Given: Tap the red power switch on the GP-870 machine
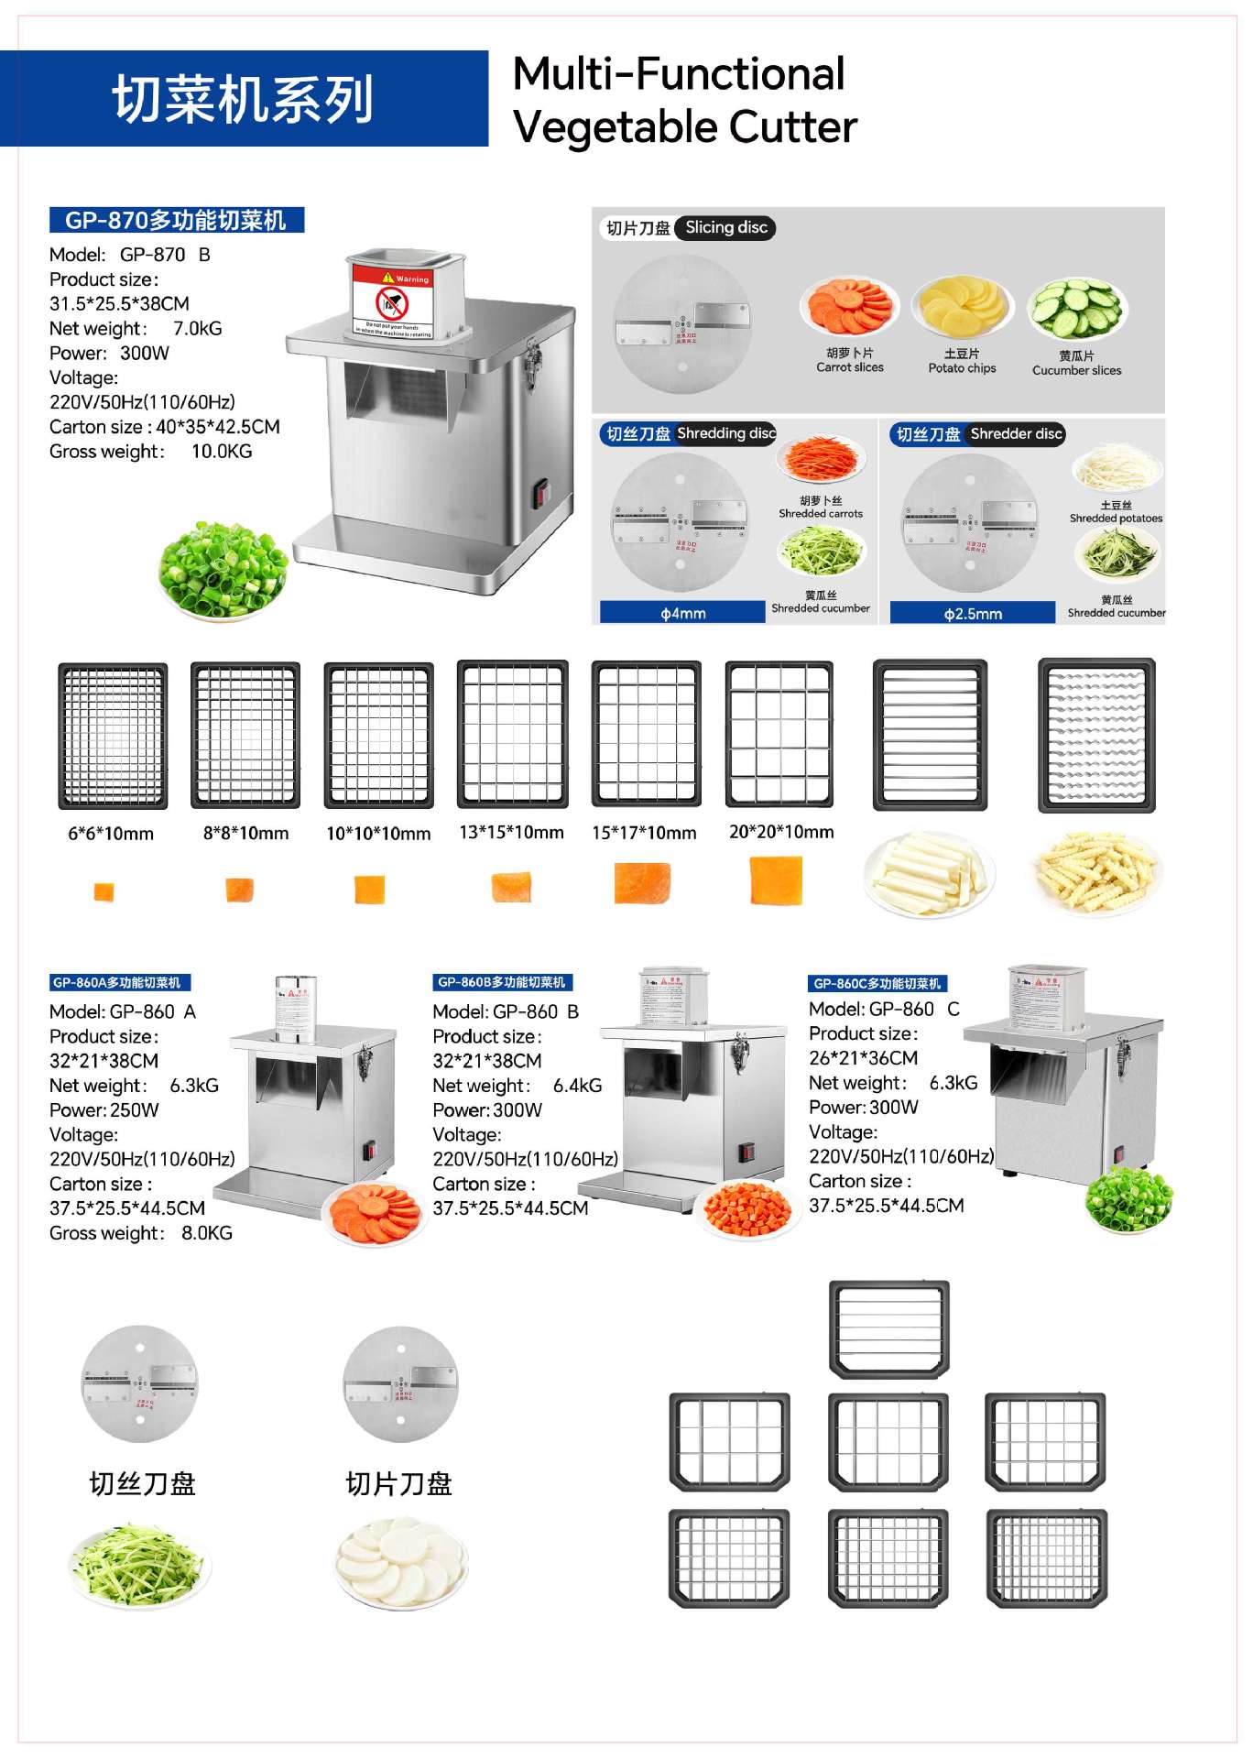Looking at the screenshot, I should [x=540, y=492].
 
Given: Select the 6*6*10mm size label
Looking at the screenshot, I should [x=111, y=834].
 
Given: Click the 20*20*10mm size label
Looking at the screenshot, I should [x=781, y=832].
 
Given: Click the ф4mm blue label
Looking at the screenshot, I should [x=682, y=613].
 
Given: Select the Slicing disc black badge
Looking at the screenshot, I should [x=725, y=228].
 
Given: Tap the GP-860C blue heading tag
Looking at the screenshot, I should [x=877, y=983].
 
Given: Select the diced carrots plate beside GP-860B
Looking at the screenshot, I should [x=747, y=1209].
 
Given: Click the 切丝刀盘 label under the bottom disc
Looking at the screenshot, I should [x=142, y=1483].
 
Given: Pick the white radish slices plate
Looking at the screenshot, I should [x=402, y=1563].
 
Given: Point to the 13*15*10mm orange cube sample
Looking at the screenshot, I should [x=511, y=886].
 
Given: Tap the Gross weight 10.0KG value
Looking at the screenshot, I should [x=222, y=452].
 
